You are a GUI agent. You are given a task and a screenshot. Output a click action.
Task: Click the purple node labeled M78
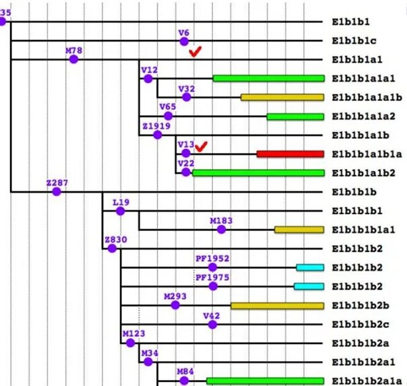(73, 59)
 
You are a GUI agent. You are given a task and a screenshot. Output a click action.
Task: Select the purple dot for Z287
(57, 191)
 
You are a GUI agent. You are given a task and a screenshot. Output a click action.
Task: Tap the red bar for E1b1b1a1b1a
(290, 154)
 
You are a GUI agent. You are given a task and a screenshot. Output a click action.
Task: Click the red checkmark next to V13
(201, 145)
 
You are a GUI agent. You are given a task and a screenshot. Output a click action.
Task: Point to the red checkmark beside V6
(195, 51)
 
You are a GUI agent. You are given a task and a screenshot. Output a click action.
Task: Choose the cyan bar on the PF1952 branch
(310, 267)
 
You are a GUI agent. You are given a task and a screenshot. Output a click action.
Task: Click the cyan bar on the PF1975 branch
(309, 286)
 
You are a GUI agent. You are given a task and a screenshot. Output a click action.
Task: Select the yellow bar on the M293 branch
(277, 305)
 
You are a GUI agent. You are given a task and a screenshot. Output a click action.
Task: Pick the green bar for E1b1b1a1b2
(258, 172)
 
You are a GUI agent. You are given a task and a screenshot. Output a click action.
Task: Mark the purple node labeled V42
(212, 324)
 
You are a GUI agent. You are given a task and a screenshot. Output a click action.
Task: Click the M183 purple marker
(221, 229)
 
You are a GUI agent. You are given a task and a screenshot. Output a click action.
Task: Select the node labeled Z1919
(157, 135)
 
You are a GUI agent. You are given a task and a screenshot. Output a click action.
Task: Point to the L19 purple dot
(120, 211)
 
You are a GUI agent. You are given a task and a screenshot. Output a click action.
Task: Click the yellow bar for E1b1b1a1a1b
(282, 97)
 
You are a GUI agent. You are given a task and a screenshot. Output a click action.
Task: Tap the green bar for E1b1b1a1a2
(295, 116)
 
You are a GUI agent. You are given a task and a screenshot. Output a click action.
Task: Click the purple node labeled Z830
(112, 248)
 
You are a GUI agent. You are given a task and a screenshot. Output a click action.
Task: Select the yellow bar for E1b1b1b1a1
(299, 230)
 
